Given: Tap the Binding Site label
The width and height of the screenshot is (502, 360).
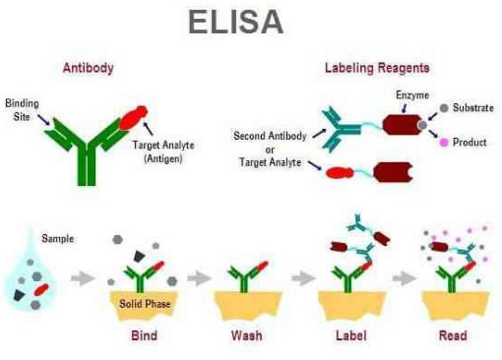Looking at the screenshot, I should click(x=23, y=109).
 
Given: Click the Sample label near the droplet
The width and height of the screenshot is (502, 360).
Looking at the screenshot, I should click(x=57, y=237).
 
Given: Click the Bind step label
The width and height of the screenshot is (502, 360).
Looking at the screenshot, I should click(x=144, y=335).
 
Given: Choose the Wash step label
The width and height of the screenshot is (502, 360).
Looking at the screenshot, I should click(x=246, y=335).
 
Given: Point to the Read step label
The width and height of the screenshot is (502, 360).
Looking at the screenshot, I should click(x=452, y=335).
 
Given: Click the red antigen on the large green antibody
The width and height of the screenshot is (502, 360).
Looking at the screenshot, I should click(x=136, y=117).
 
